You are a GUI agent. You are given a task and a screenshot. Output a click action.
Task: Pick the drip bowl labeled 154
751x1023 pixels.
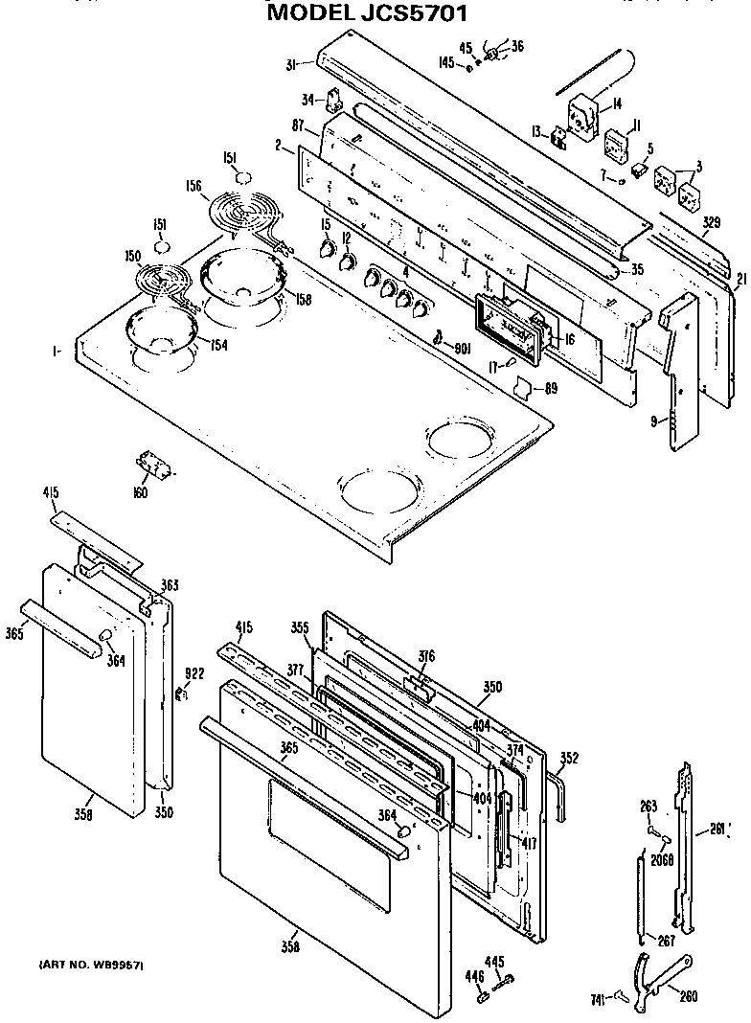tap(160, 328)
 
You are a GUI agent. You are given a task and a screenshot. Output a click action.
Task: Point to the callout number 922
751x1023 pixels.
tap(194, 674)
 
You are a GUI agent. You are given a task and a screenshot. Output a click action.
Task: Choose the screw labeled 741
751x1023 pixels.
tap(624, 996)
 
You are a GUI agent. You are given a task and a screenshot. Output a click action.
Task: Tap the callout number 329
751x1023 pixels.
tap(710, 223)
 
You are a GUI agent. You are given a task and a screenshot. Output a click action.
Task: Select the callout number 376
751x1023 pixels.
tap(426, 656)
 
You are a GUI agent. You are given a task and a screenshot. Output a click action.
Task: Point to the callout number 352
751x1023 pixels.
tap(569, 758)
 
